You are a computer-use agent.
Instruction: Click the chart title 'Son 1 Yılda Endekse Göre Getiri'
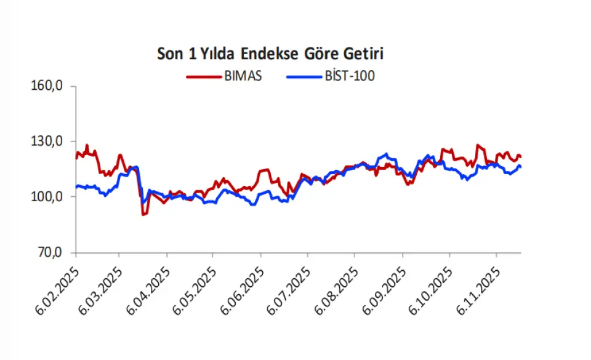(x=271, y=54)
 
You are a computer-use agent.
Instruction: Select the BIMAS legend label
(x=243, y=76)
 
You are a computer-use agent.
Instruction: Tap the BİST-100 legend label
(x=350, y=76)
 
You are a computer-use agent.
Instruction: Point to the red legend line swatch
(x=203, y=77)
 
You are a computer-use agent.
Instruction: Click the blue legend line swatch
(x=304, y=77)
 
